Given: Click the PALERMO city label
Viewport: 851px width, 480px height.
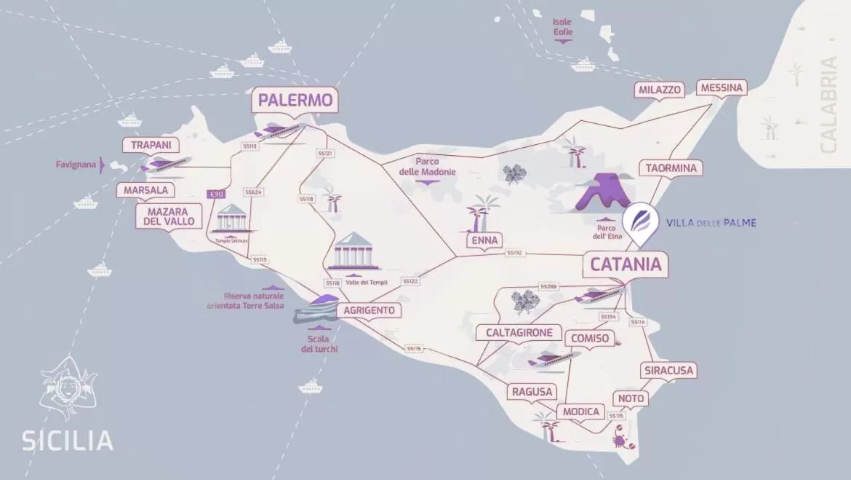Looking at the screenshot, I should pos(295,100).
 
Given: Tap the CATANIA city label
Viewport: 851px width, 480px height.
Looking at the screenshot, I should pos(626,264).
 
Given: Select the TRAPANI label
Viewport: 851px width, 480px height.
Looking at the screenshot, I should pos(151,145).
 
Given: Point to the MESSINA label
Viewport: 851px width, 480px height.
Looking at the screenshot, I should pos(722,88).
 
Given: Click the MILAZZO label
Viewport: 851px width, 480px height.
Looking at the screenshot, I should pos(660,90).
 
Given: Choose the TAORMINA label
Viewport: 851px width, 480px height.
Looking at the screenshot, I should pos(671,168).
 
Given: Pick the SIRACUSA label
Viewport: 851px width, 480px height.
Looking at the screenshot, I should pos(668,370).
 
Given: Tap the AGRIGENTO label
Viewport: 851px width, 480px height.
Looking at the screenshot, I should pos(369,310).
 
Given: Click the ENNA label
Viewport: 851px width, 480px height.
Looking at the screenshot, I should pos(484,241).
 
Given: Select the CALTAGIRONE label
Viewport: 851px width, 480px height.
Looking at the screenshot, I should pos(519,333).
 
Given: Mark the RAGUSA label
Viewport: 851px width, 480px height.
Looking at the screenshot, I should pos(532,392).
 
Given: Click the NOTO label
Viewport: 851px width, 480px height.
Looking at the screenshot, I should pos(631,398).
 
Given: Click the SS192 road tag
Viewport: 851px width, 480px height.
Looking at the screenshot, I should pos(514,253).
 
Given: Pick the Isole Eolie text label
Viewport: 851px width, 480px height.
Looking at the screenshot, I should pos(562,27).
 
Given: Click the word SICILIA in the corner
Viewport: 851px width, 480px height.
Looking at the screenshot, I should pos(67,441).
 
